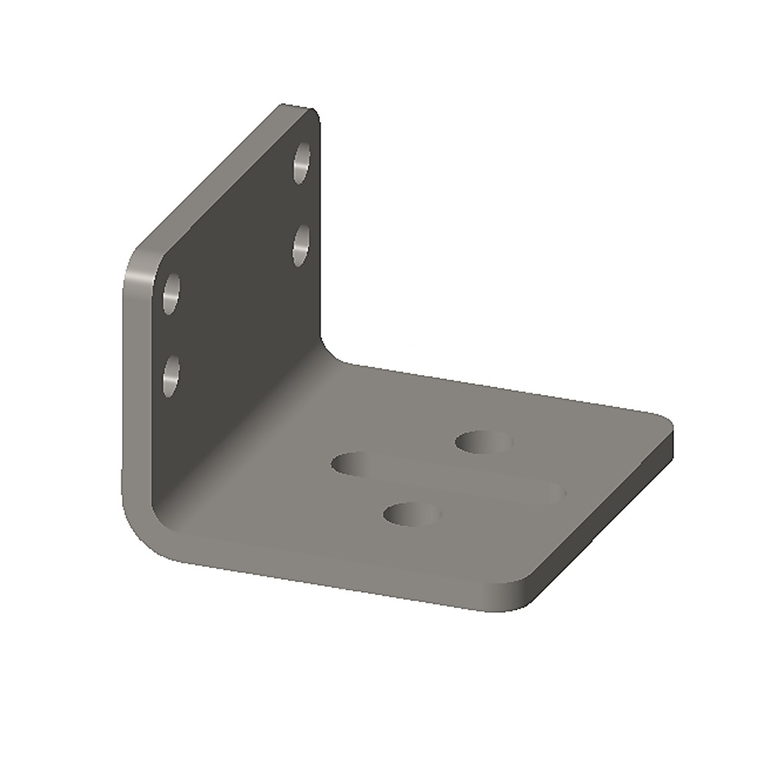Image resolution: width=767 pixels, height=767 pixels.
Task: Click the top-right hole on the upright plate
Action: click(x=301, y=163)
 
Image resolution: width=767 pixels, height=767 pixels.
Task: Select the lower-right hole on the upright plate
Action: click(x=301, y=245)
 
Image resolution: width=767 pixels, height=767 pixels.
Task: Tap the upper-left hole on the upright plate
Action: click(x=171, y=294)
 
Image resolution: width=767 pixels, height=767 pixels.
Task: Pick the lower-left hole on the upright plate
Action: click(x=170, y=376)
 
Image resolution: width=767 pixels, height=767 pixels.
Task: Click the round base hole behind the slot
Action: click(x=483, y=442)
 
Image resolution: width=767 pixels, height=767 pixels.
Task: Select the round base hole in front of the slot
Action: click(x=412, y=514)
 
